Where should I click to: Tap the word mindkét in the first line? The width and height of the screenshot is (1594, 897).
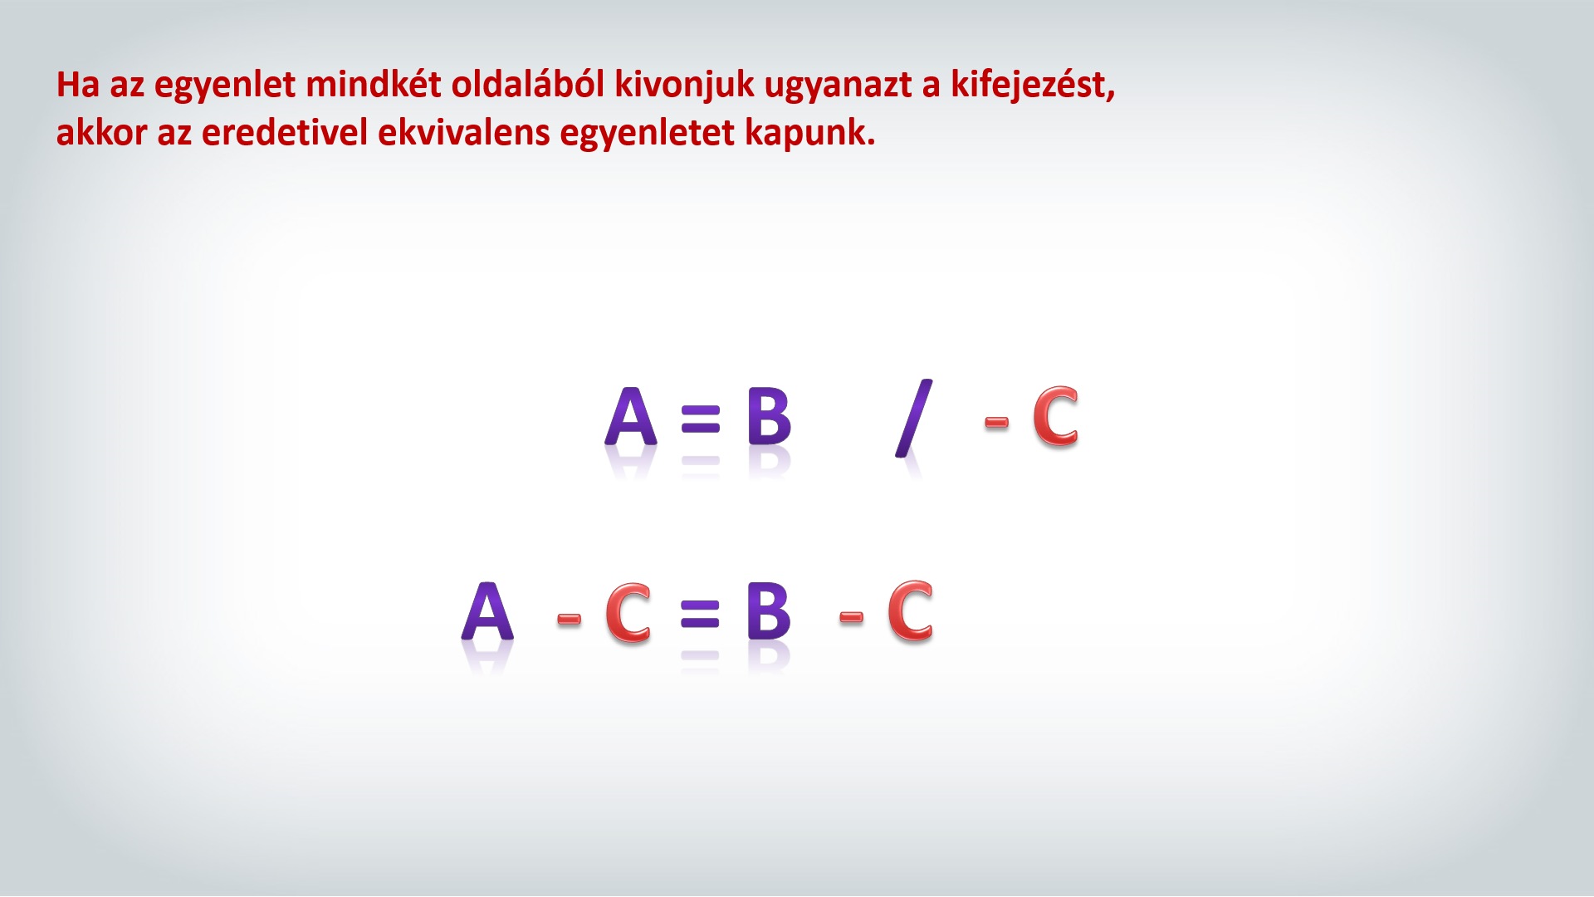[374, 85]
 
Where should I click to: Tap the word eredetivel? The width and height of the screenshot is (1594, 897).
[284, 133]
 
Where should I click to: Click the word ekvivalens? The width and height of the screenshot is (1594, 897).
[463, 133]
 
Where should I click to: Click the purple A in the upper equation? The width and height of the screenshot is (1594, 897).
[631, 417]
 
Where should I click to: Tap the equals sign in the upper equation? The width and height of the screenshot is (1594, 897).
[700, 419]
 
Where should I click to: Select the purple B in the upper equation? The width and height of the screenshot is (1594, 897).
[769, 417]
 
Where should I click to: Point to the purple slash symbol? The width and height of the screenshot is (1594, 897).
[913, 419]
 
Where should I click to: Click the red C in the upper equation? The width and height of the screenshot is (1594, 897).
[1055, 417]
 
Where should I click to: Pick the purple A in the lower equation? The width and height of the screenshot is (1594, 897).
[487, 611]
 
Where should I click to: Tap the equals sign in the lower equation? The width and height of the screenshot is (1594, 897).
[700, 614]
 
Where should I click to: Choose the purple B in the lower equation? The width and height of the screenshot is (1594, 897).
[769, 611]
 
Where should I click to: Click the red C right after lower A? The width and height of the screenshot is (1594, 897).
[628, 613]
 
